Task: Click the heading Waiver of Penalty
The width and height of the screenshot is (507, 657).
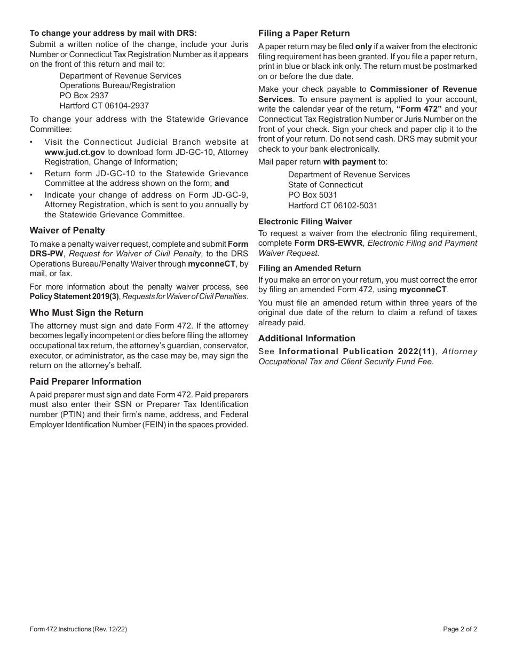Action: coord(67,230)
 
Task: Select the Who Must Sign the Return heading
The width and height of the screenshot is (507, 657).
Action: coord(86,312)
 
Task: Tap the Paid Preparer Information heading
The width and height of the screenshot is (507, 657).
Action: coord(85,381)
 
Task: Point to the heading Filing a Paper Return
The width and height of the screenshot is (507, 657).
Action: coord(304,33)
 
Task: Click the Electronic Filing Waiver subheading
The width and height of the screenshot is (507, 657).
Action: coord(305,221)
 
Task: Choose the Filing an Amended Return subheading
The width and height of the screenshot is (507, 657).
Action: coord(310,268)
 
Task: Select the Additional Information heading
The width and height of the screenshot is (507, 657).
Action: coord(307,338)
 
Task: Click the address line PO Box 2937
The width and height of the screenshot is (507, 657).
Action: coord(84,96)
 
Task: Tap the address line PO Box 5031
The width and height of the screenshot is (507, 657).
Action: coord(313,195)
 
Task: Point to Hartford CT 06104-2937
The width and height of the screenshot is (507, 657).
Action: coord(104,106)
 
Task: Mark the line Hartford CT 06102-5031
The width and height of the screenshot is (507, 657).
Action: coord(332,205)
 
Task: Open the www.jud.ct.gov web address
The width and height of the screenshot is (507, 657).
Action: coord(75,152)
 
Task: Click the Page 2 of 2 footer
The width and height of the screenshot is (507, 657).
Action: coord(460,629)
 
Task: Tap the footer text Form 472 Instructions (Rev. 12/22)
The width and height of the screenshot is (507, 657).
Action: coord(78,629)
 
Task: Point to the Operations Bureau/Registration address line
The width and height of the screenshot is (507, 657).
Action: coord(117,85)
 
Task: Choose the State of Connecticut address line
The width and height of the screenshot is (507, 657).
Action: coord(326,185)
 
